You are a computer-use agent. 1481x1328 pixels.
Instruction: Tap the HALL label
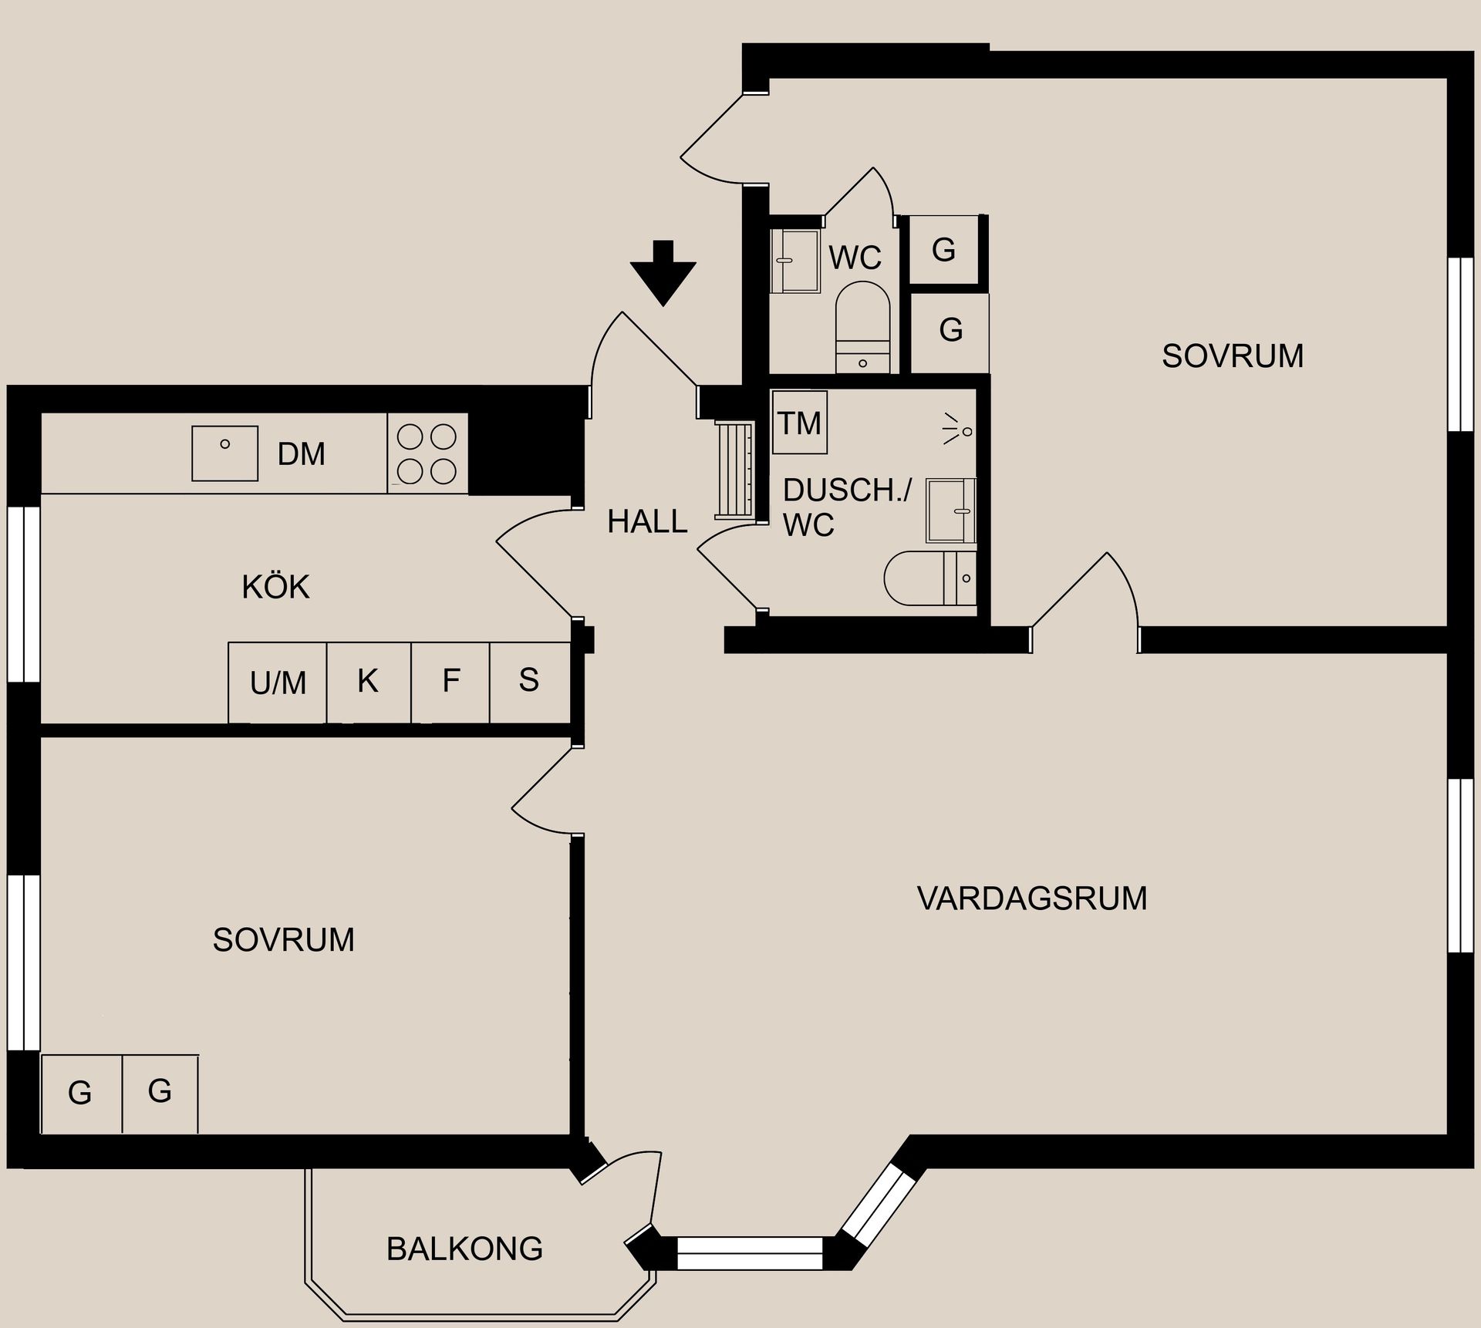[647, 522]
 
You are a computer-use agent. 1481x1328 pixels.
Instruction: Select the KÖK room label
[275, 588]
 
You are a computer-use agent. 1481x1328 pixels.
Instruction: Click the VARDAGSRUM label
[1031, 898]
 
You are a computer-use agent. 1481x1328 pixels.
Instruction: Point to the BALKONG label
[464, 1249]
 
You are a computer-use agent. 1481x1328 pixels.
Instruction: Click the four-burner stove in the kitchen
[427, 453]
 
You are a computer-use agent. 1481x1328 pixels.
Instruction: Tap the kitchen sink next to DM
[224, 453]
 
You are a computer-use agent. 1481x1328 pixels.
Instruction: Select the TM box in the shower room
[800, 423]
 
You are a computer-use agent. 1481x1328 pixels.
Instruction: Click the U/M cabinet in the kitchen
[278, 683]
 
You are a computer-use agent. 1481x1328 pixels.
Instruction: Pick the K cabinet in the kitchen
[368, 682]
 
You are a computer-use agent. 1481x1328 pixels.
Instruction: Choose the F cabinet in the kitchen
[450, 682]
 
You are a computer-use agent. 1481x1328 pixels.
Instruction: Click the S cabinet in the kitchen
[529, 682]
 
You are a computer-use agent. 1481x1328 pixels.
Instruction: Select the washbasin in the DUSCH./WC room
[950, 511]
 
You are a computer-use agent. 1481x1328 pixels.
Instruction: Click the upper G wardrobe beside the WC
[943, 250]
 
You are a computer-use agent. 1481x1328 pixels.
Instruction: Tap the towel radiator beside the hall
[734, 470]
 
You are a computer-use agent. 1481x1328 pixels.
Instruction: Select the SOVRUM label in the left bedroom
[283, 940]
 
